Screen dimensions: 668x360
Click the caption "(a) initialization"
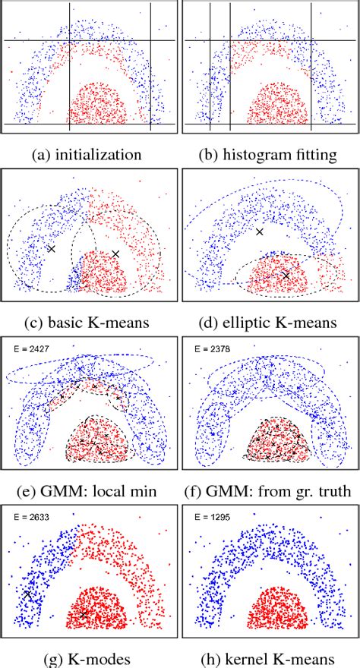88,155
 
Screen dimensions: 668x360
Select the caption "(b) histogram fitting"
270,155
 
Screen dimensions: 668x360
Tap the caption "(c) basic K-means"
88,323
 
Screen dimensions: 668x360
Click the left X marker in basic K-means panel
51,249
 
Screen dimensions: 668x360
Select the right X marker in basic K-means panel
115,254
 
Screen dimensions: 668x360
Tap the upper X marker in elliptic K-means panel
260,232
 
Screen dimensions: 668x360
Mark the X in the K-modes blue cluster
28,595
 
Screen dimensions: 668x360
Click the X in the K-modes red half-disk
84,613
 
